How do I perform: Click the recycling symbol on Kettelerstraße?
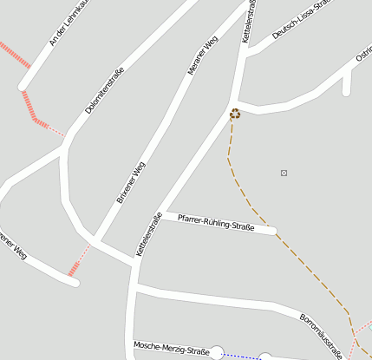(235, 113)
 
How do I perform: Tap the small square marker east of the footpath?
(284, 173)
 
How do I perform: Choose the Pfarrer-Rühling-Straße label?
(216, 223)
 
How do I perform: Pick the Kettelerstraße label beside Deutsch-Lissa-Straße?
(250, 21)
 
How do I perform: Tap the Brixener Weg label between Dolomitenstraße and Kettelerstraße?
(131, 181)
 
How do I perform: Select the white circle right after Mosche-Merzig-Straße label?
(217, 352)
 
